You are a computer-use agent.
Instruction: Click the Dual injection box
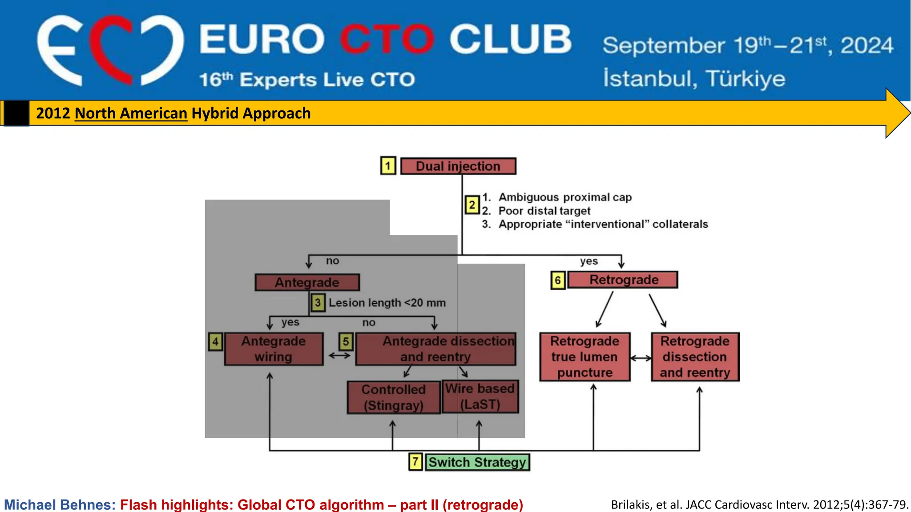tap(458, 166)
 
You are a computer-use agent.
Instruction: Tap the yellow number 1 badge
tap(388, 166)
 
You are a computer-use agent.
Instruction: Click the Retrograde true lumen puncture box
tap(584, 357)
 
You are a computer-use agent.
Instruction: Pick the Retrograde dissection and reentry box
tap(695, 357)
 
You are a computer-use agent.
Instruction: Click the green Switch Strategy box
tap(477, 462)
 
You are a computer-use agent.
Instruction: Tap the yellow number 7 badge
tap(415, 462)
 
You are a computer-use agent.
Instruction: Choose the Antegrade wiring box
tap(274, 349)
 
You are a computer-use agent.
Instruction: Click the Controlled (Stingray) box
tap(393, 397)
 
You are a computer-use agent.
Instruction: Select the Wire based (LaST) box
tap(480, 396)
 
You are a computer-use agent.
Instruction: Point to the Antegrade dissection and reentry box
tap(435, 349)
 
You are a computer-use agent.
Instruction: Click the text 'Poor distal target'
tap(544, 211)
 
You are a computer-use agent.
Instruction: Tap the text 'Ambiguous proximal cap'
tap(565, 197)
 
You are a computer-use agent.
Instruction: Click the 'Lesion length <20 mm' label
tap(387, 303)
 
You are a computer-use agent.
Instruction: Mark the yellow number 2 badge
tap(472, 205)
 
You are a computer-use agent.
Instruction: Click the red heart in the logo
tap(111, 49)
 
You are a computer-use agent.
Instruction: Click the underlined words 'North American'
tap(131, 113)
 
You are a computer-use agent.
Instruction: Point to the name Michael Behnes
tap(60, 504)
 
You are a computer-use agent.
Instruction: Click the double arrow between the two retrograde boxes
tap(641, 358)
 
